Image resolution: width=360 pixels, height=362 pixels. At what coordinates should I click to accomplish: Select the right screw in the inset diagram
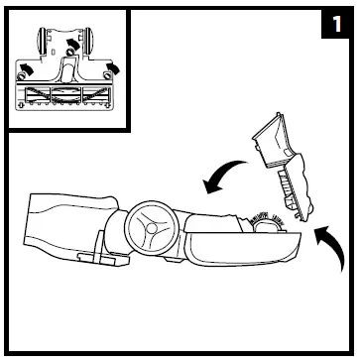(x=103, y=72)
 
